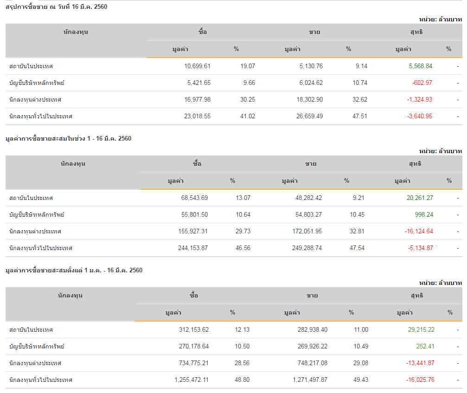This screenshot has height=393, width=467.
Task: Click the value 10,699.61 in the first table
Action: [x=197, y=66]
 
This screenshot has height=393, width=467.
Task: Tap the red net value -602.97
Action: [x=422, y=83]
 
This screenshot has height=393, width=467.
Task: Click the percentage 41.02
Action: [x=248, y=116]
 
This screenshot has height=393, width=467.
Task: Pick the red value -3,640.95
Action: [x=420, y=116]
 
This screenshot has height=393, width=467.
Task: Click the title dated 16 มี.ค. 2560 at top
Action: [x=57, y=7]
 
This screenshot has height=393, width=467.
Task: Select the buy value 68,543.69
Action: [x=194, y=198]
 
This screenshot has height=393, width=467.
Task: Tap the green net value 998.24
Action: [x=424, y=215]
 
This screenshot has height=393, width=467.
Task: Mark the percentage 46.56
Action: [x=243, y=248]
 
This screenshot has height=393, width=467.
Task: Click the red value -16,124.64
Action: [x=418, y=232]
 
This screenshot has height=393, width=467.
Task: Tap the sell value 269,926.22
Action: [x=307, y=347]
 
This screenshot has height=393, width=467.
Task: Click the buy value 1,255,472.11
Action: [x=192, y=380]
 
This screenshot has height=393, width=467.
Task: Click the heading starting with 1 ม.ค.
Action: [x=74, y=271]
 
